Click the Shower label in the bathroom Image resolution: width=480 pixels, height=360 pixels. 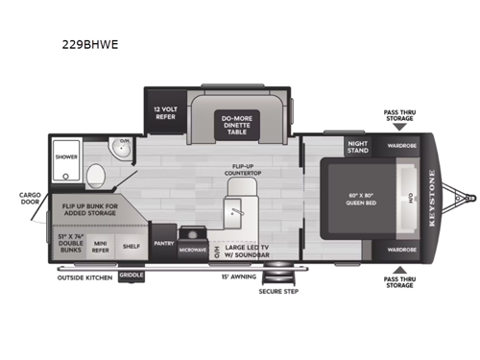pos(66,155)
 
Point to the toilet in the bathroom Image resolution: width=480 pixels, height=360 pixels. pos(96,175)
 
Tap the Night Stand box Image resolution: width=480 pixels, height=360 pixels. pos(358,148)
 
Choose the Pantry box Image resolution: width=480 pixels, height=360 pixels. pos(163,244)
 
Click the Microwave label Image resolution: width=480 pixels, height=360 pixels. pos(192,250)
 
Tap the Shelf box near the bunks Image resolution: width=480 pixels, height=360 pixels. pos(132,245)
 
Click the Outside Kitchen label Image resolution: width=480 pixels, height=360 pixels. pos(86,276)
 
